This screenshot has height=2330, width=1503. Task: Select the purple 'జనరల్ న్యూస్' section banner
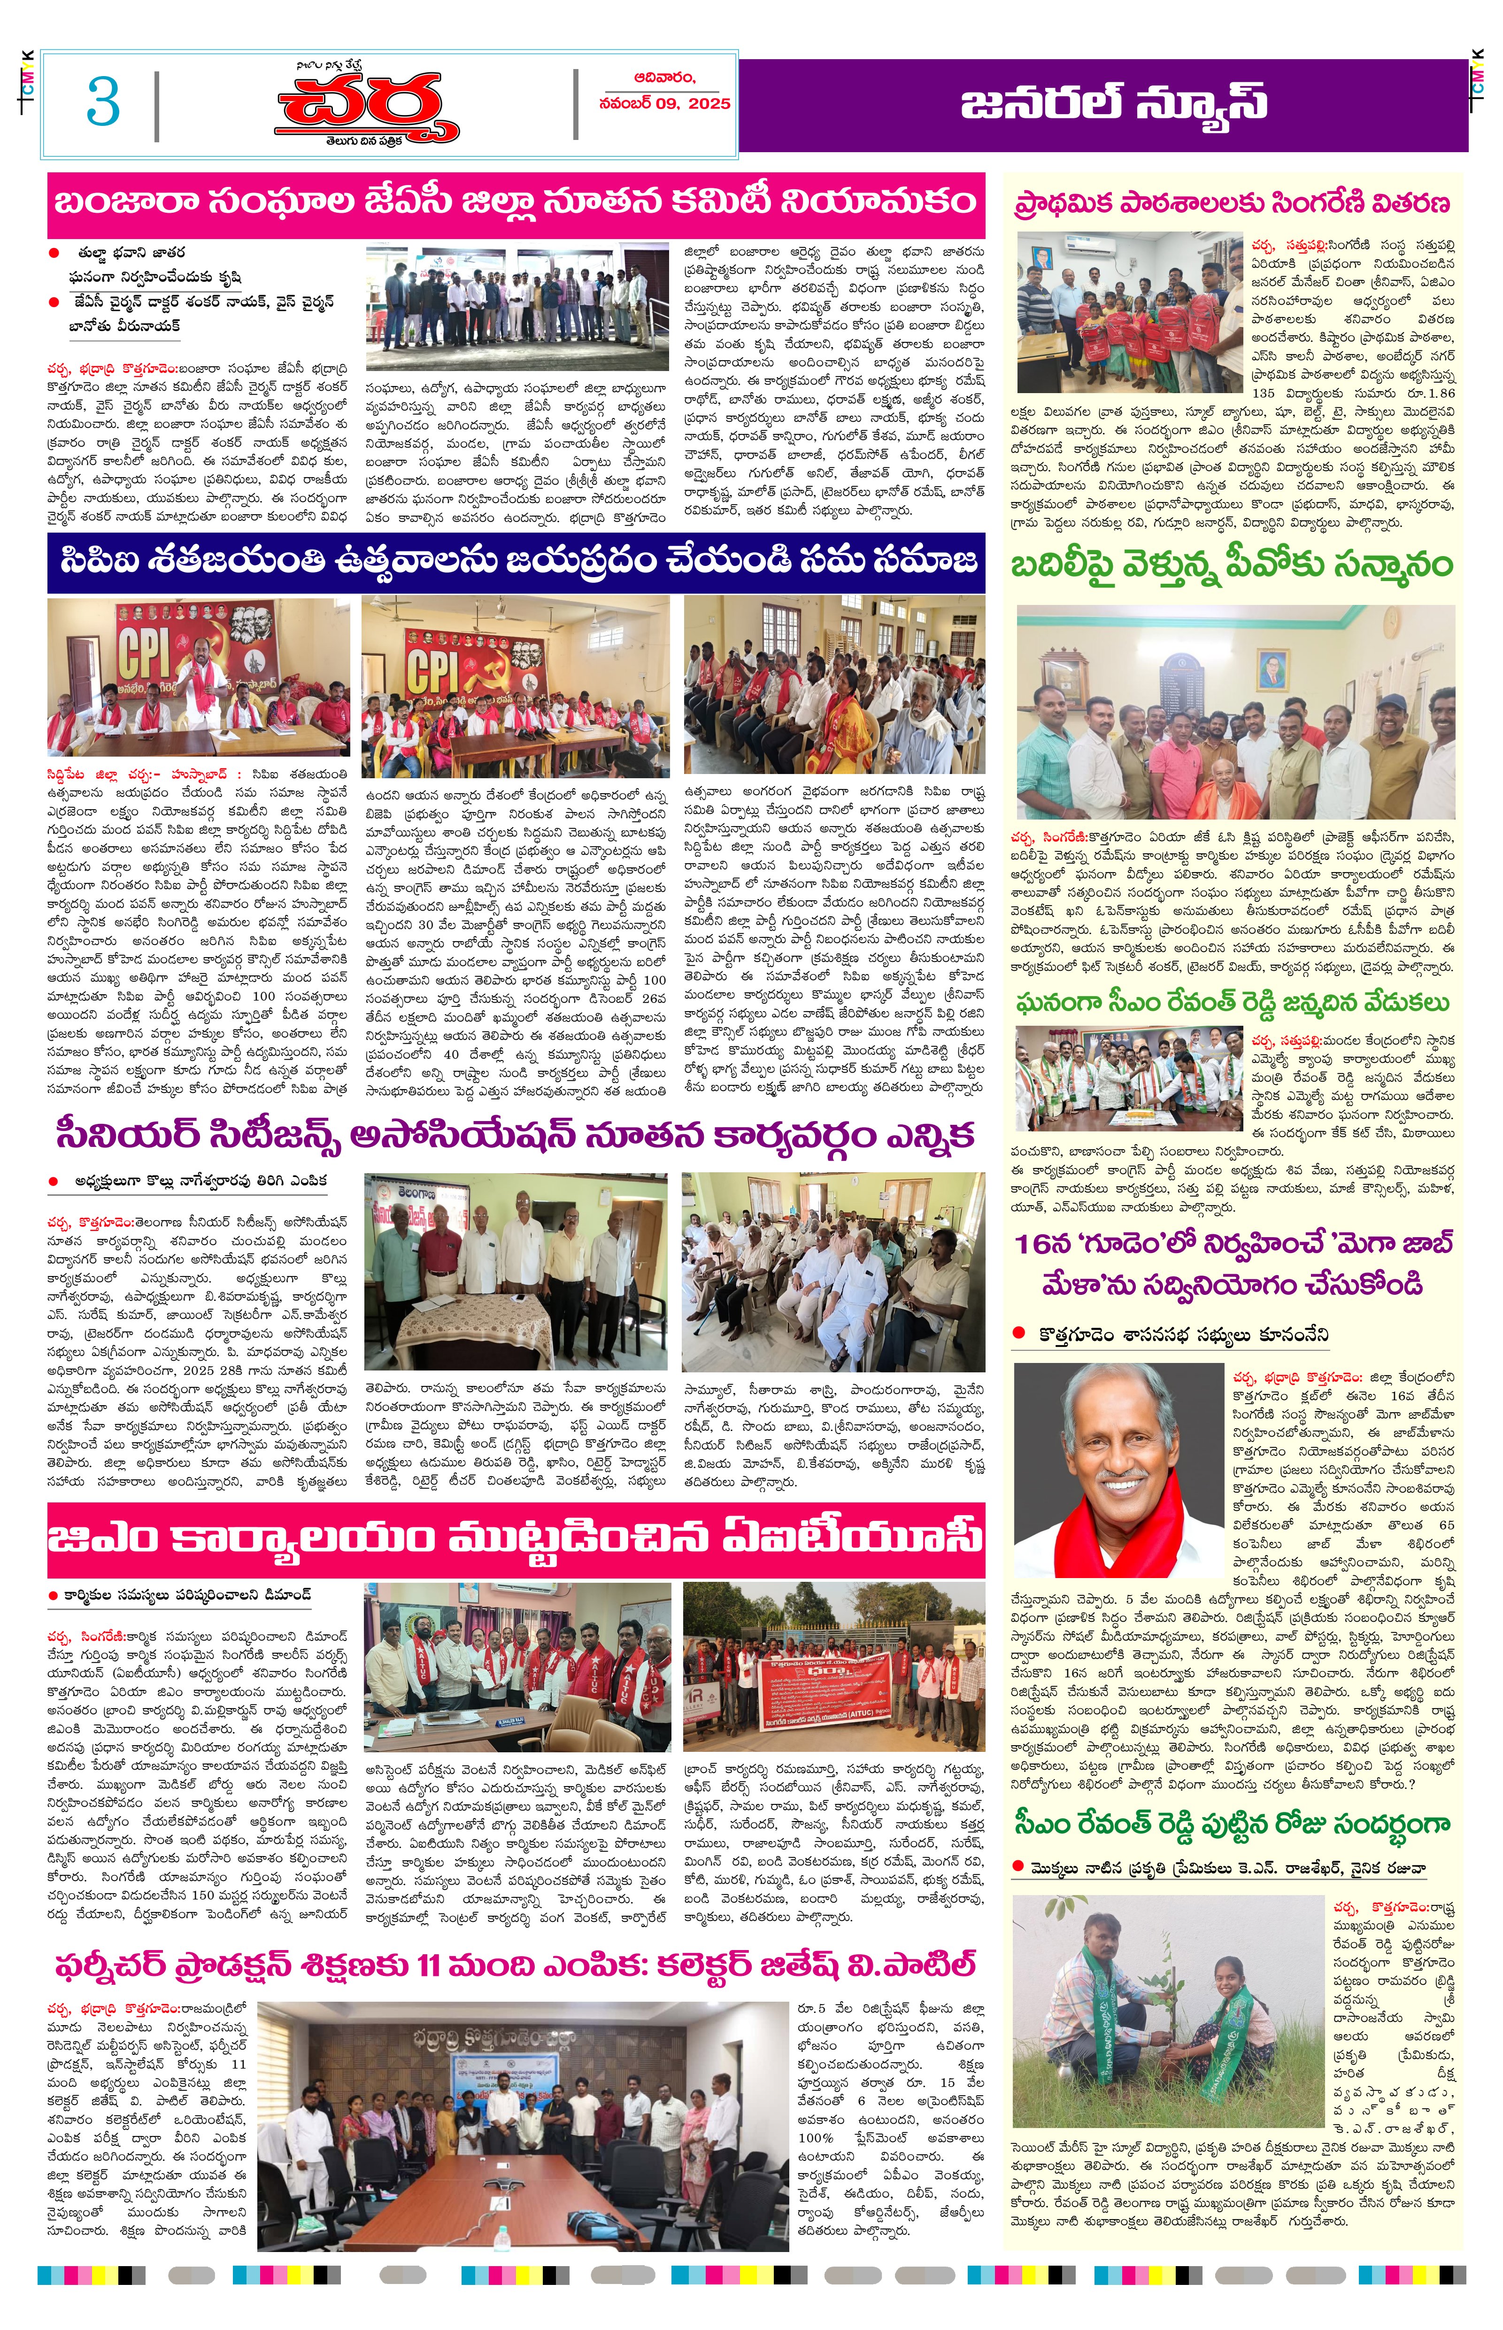coord(1113,103)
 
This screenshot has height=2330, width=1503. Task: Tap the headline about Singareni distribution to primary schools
coord(1232,203)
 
